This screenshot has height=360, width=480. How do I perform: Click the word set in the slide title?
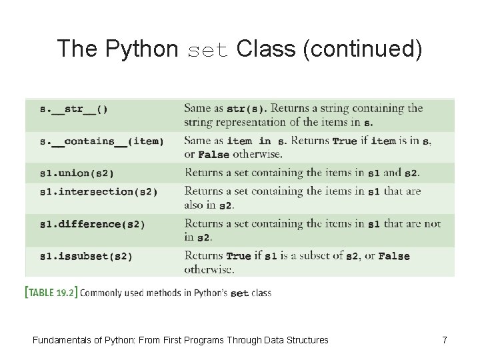[208, 49]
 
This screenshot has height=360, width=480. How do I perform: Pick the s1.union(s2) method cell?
[77, 173]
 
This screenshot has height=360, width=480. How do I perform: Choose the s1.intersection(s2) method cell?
[99, 192]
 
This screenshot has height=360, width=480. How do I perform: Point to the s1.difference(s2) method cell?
[93, 224]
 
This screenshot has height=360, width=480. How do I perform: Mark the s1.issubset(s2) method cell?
[86, 256]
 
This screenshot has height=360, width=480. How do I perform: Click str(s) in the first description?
[246, 109]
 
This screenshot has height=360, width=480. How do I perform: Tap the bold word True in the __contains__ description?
[344, 141]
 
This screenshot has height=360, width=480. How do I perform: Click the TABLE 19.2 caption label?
[51, 292]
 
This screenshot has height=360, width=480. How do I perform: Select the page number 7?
[445, 340]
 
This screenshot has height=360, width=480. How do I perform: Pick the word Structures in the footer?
[306, 340]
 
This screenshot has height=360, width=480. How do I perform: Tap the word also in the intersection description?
[197, 205]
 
